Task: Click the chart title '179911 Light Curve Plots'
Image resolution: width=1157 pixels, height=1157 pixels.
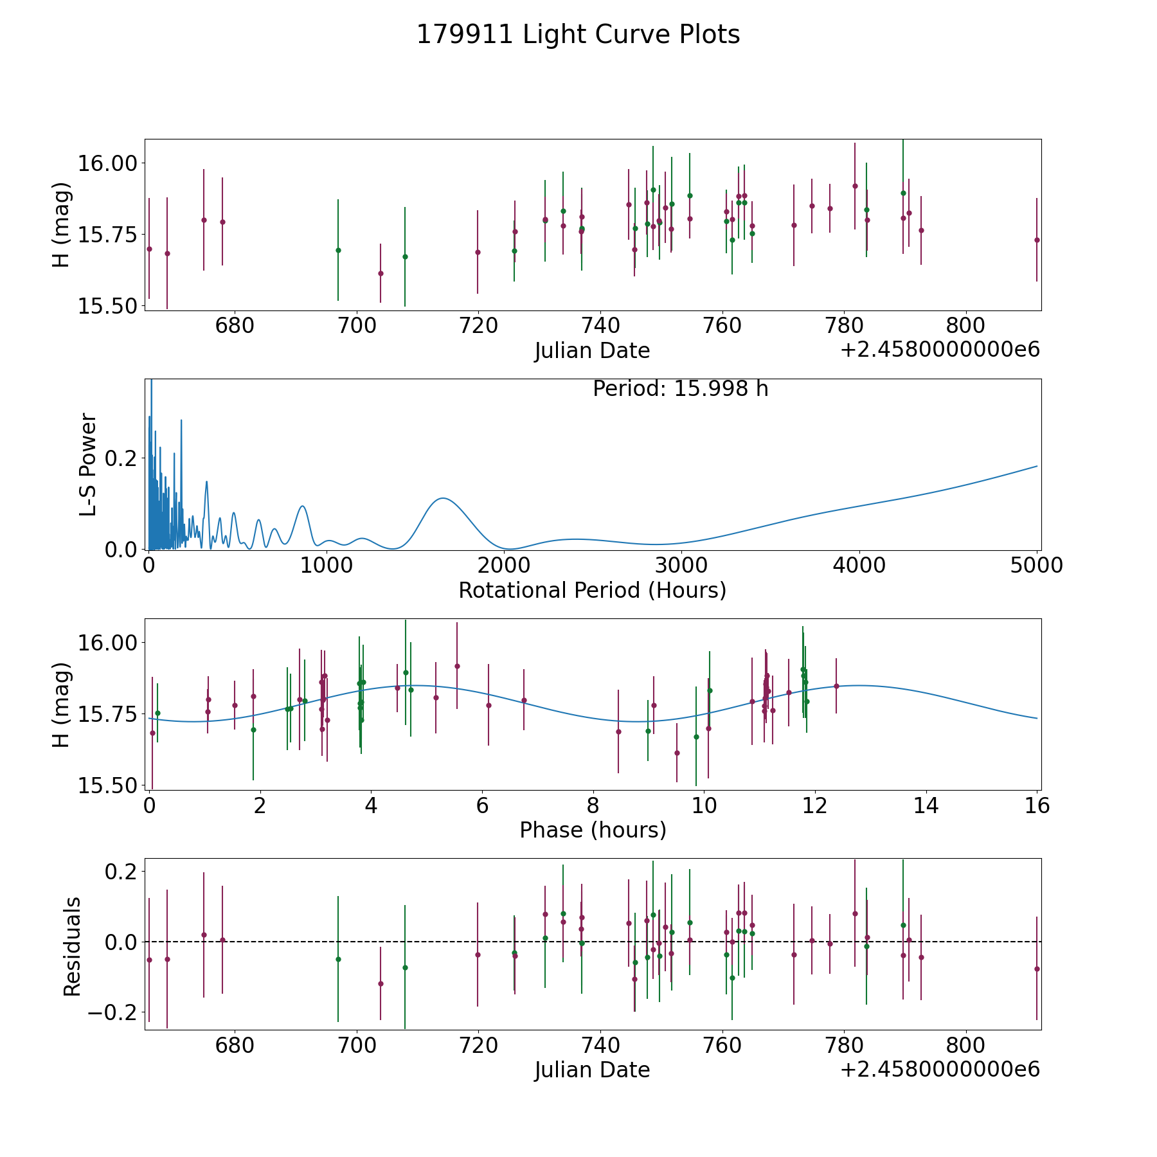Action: point(578,35)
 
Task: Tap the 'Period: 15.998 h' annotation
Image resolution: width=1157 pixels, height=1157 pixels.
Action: point(680,389)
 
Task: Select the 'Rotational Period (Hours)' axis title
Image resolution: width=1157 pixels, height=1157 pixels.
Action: point(592,590)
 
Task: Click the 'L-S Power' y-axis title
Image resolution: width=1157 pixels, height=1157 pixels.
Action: point(88,464)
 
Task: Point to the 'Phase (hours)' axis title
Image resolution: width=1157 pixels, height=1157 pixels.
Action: point(593,830)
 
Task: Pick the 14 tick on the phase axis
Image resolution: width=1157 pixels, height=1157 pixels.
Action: point(926,805)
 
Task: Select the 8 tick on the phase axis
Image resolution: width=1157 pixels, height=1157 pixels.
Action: point(593,805)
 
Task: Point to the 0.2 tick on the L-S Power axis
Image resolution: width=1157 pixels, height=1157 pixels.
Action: point(122,458)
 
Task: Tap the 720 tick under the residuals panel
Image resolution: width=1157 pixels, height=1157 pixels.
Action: point(478,1045)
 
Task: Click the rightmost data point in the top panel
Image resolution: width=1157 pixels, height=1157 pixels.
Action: point(1037,240)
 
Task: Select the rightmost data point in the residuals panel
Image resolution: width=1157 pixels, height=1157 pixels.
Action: point(1037,969)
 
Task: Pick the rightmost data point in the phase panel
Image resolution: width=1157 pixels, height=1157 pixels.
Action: point(836,686)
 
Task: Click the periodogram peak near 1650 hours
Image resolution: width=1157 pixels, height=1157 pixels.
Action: point(442,498)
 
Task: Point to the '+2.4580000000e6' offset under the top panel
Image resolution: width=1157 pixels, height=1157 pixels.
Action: point(940,350)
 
